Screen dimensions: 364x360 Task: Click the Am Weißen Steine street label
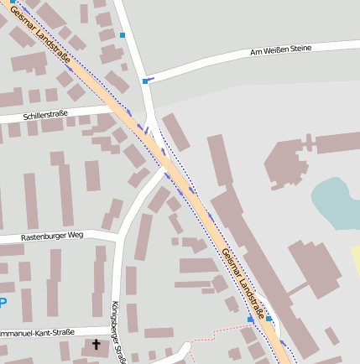tap(280, 50)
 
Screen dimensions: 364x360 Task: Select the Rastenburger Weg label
tap(51, 237)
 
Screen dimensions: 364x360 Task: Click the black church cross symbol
tap(97, 345)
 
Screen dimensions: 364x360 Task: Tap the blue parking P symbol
tap(3, 303)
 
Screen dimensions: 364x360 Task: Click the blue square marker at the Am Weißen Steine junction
tap(145, 81)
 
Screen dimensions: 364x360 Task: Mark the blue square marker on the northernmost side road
tap(123, 35)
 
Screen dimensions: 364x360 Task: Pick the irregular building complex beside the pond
tap(290, 159)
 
